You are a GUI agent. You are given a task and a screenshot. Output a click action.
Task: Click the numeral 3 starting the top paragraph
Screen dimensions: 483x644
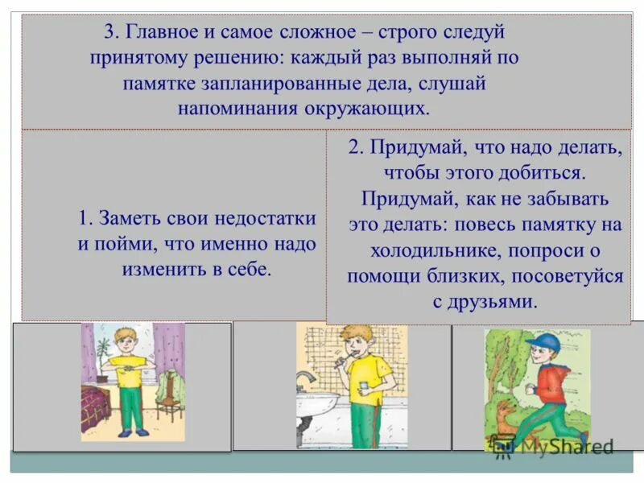click(x=109, y=33)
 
